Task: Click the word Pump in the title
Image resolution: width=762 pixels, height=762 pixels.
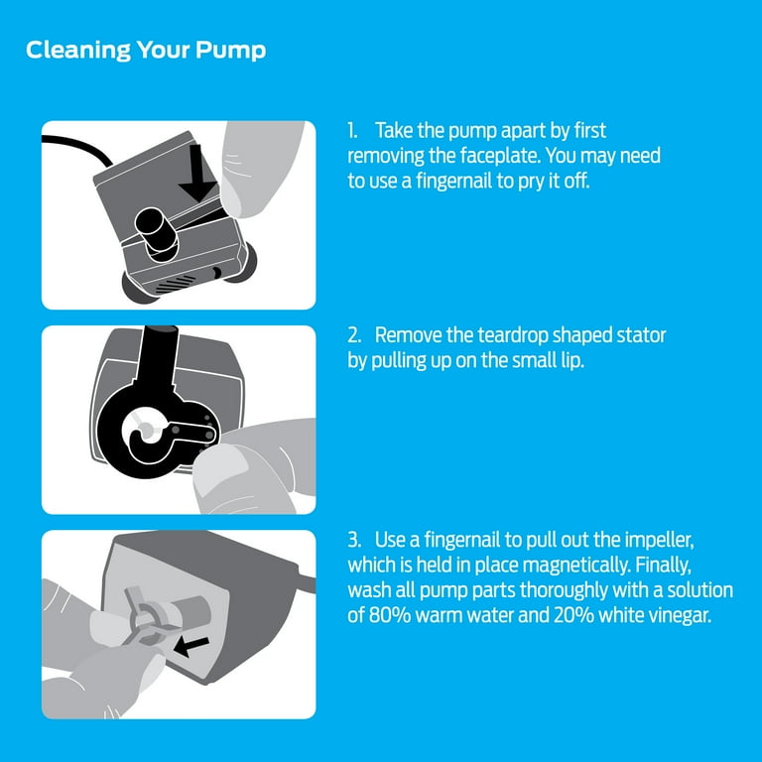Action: click(x=230, y=51)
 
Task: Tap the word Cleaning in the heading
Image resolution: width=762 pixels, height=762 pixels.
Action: click(x=78, y=50)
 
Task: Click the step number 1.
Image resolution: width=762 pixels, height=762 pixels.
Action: click(x=352, y=130)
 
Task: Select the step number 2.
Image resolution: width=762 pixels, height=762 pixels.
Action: click(x=354, y=335)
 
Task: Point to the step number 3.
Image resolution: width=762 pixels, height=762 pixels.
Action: click(x=354, y=540)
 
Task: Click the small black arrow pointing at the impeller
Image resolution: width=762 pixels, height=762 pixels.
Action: click(x=190, y=647)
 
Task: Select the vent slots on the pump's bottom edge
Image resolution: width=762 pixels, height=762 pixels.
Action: click(x=175, y=285)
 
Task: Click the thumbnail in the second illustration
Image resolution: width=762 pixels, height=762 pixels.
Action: click(x=226, y=468)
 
